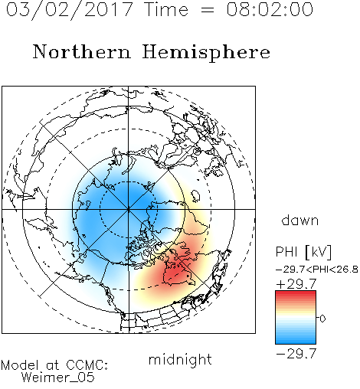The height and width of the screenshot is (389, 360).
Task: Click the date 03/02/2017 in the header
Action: click(x=70, y=10)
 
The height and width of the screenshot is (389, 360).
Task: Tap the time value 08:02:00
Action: click(x=270, y=9)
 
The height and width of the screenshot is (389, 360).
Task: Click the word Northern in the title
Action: click(x=82, y=51)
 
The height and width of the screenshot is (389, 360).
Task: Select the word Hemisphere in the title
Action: click(x=206, y=53)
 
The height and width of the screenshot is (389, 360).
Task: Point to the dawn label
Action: click(x=300, y=221)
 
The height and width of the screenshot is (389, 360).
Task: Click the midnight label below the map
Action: click(x=180, y=360)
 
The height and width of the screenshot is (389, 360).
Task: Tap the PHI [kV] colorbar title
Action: click(x=303, y=252)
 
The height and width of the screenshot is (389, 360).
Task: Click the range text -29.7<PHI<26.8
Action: click(x=317, y=270)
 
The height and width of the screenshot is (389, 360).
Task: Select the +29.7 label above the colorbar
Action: click(x=296, y=284)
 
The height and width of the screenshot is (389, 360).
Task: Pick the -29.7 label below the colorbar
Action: click(x=296, y=354)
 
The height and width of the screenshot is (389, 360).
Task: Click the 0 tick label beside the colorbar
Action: click(x=322, y=319)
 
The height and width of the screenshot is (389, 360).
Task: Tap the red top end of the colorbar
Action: click(x=296, y=293)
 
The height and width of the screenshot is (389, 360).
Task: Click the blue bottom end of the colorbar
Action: click(x=296, y=342)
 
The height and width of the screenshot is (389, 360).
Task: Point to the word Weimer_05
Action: click(x=58, y=378)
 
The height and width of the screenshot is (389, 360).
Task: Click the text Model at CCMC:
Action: click(x=54, y=365)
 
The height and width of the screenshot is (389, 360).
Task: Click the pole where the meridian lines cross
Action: click(x=129, y=209)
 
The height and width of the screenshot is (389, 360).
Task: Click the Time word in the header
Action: click(x=166, y=9)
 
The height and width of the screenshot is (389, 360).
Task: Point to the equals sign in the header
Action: click(x=208, y=10)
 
